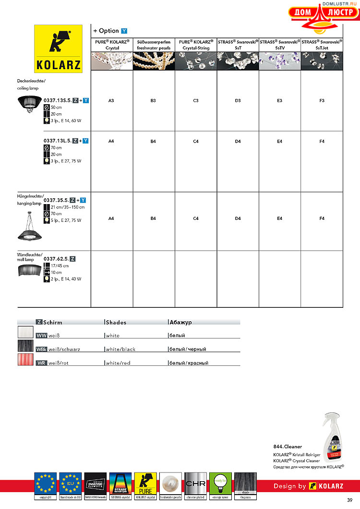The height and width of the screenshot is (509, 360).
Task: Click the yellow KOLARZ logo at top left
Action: tap(58, 48)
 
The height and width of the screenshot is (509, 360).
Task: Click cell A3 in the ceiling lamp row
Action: tap(111, 101)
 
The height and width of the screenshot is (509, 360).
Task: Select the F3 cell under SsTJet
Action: tap(322, 101)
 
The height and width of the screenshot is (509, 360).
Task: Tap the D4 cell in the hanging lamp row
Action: tap(238, 218)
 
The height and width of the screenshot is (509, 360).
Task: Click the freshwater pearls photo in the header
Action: tap(154, 61)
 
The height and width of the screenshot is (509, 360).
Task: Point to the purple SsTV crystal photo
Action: tap(279, 61)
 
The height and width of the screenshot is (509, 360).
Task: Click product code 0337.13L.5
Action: tap(57, 141)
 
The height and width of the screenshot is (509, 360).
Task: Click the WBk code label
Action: tap(41, 350)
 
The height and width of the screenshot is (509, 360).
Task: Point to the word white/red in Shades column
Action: tap(118, 364)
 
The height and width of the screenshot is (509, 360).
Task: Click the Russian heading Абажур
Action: tap(180, 323)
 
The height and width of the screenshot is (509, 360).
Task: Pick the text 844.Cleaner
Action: tap(288, 447)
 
